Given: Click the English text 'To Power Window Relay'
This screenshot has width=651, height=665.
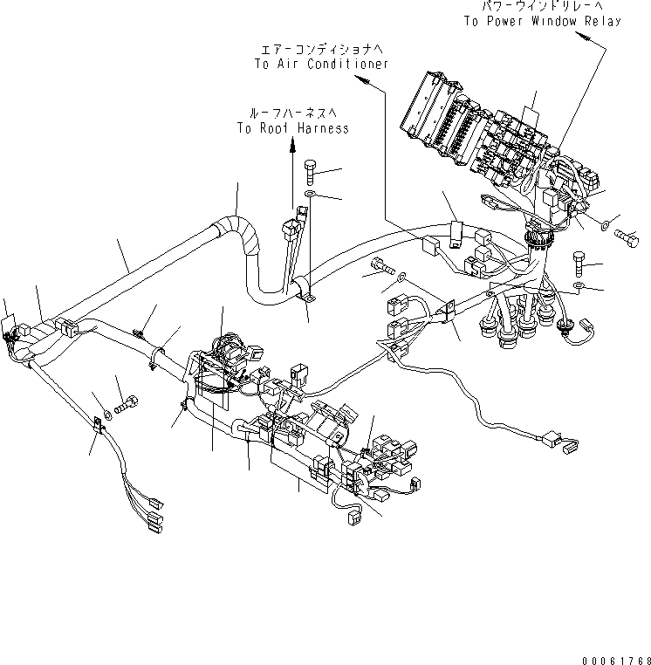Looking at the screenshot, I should [541, 21].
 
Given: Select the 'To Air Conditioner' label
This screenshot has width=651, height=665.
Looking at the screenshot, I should [321, 64].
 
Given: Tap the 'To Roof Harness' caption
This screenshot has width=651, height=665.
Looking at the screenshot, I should [292, 128].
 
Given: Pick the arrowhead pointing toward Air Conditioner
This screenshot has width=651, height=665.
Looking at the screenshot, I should [364, 81].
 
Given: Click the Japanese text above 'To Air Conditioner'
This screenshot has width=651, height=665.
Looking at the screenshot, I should [321, 49].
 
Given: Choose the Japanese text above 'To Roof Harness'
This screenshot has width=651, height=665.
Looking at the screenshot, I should [292, 113].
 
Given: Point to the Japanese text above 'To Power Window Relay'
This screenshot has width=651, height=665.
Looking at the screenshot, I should [541, 6].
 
